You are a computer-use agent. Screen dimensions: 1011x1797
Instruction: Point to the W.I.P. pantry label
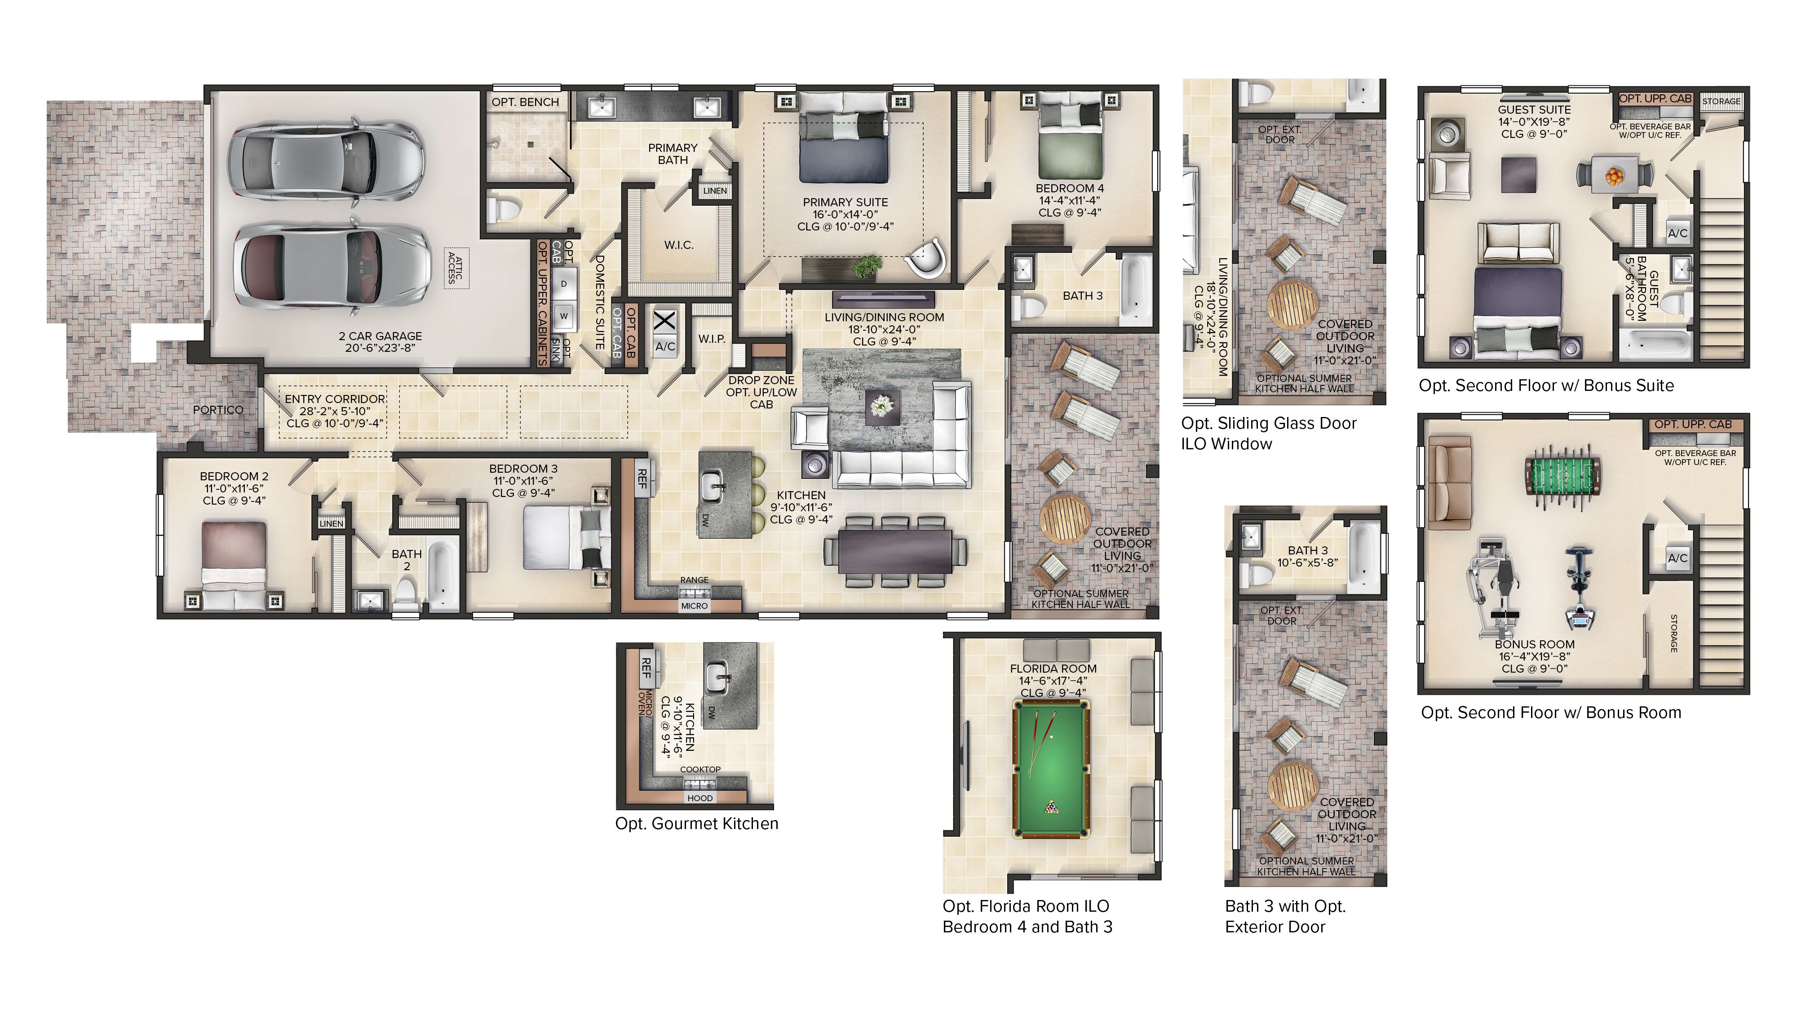click(712, 339)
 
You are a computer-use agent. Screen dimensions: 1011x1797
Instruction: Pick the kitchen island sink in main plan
click(712, 486)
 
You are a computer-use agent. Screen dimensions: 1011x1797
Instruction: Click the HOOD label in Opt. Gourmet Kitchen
click(699, 798)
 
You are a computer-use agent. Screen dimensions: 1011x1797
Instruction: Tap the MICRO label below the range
click(694, 606)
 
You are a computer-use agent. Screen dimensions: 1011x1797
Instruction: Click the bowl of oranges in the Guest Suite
click(1614, 176)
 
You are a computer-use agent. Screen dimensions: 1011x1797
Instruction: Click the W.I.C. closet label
click(678, 245)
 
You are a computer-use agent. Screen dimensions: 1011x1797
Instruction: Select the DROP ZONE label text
click(761, 380)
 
